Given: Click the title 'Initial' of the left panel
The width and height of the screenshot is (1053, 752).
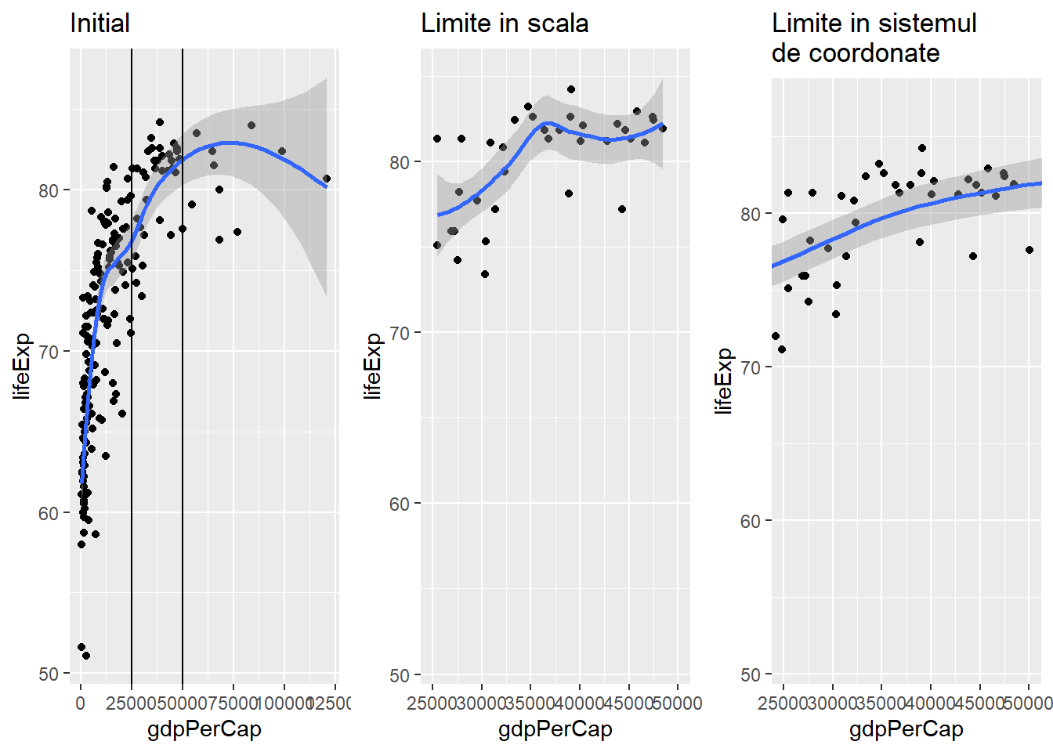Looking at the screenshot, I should (100, 23).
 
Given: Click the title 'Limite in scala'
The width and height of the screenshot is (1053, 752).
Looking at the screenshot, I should (505, 23).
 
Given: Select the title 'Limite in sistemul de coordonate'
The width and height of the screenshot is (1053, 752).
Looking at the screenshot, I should (874, 38).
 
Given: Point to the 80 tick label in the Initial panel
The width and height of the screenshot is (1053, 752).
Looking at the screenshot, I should (49, 190).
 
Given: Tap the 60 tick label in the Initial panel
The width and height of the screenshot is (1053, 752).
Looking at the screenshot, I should (49, 513).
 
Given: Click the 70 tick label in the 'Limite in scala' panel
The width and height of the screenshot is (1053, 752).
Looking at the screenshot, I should (400, 333).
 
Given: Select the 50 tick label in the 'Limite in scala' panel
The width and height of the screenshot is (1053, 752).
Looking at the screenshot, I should (400, 674).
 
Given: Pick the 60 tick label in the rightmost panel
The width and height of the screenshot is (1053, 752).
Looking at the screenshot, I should (751, 521).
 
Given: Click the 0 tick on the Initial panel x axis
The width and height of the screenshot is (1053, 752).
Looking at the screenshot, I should (80, 703).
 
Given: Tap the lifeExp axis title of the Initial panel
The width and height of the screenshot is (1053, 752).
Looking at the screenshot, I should (22, 366).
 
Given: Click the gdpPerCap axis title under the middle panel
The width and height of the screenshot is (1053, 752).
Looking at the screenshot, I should (555, 729).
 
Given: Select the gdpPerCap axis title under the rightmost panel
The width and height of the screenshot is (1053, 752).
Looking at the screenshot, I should (906, 729).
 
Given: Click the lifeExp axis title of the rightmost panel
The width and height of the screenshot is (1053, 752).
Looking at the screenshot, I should (724, 381).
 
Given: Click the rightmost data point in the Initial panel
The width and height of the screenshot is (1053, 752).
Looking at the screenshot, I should (327, 179).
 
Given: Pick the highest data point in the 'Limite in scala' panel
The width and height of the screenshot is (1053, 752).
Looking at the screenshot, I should (571, 89).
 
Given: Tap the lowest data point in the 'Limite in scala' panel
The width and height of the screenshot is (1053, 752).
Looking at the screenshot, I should (485, 274).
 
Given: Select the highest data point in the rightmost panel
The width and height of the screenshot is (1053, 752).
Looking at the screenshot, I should (922, 148).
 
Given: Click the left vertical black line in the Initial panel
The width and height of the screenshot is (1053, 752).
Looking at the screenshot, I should (132, 392).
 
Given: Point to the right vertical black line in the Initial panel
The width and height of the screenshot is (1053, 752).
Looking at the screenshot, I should (183, 392).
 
